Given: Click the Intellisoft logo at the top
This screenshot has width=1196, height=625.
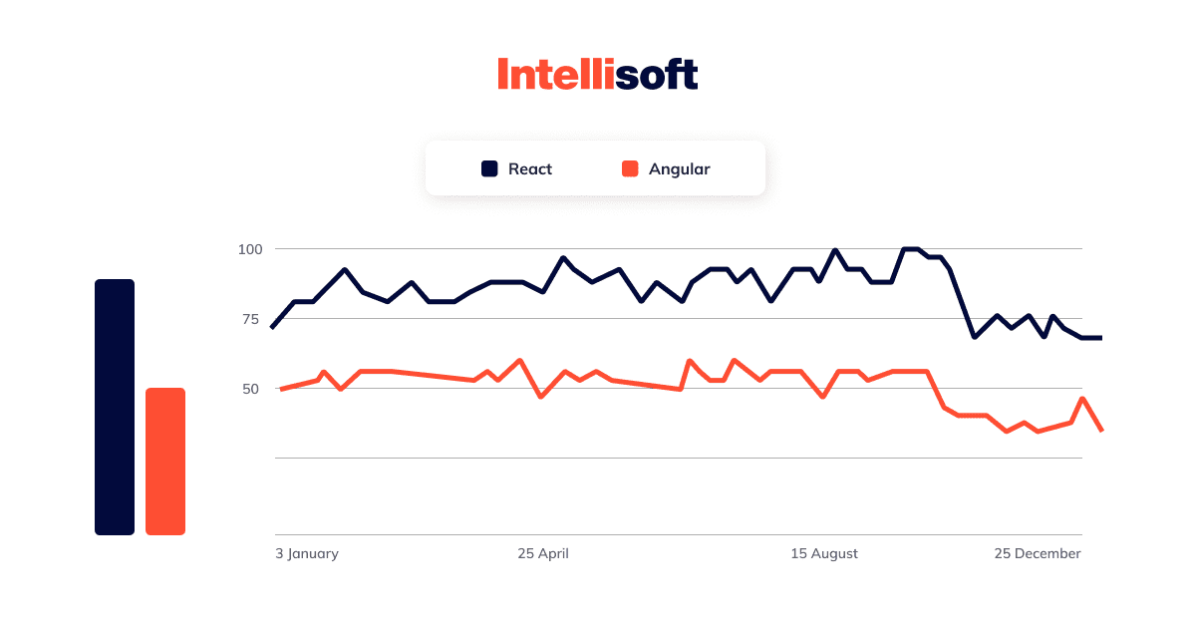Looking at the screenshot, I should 597,75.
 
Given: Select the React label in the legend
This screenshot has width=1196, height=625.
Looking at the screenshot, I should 529,168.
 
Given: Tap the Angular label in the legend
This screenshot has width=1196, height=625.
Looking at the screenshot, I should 679,168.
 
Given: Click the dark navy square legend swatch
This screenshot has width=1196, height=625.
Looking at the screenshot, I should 489,168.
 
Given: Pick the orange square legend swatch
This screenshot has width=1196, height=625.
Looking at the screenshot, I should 630,168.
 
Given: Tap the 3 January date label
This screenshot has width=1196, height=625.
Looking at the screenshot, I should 307,553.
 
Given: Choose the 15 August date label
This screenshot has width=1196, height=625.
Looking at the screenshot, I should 824,553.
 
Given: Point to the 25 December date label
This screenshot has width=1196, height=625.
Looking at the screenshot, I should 1037,553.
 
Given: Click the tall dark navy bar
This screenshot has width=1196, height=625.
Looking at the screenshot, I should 115,407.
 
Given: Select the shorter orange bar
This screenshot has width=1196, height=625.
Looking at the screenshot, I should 165,461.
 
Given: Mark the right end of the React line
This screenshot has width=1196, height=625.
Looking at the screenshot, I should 1100,338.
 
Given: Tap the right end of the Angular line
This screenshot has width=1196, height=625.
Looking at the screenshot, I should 1100,430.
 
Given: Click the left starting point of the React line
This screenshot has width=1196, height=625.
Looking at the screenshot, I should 272,327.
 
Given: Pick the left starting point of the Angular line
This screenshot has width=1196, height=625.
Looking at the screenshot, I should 281,389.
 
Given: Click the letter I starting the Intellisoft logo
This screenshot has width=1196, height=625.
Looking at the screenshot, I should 503,75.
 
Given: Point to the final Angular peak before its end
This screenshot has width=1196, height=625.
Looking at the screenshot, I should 1082,399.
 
